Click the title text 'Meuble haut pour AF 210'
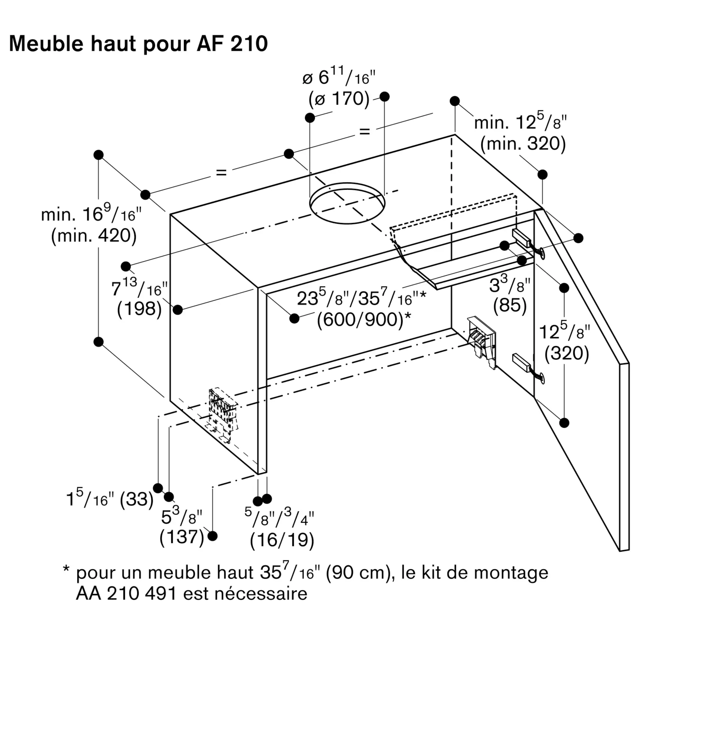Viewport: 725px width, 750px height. [138, 43]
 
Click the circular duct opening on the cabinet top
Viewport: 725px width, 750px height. [347, 203]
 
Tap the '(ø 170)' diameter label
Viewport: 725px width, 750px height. [339, 99]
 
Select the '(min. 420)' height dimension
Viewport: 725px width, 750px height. [94, 235]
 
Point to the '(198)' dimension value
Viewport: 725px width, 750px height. [139, 308]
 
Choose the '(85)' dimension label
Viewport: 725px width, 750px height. [510, 305]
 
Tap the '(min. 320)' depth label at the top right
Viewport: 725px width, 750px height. [523, 144]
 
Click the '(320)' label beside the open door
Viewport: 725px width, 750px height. [566, 353]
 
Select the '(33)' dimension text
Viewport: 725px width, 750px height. [137, 499]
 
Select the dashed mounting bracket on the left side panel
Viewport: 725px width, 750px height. [223, 413]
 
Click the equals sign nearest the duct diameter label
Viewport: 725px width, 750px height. [364, 132]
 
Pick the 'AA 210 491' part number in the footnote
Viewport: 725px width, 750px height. [126, 594]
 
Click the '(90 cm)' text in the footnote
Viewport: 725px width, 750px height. [359, 573]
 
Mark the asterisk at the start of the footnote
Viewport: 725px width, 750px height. [66, 569]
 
